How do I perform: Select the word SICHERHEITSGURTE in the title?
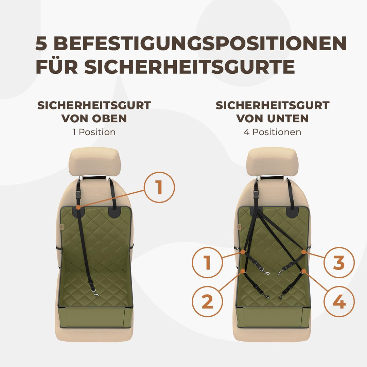189,67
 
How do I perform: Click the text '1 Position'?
94,132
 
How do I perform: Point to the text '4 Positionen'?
272,132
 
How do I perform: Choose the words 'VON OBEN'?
94,119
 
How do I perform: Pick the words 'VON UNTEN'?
272,119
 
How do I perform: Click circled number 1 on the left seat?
159,188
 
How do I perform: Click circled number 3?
339,263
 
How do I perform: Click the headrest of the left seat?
94,161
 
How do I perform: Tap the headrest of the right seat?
272,161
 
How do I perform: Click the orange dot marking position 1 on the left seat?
78,207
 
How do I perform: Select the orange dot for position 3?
304,252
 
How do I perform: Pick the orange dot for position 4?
304,271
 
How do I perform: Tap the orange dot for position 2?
243,271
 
